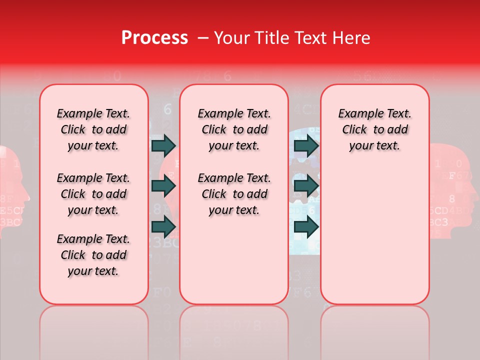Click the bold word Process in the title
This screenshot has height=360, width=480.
point(154,38)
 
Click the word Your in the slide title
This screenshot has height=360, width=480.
point(232,38)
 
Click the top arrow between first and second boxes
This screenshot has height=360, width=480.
point(163,145)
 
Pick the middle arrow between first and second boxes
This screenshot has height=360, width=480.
point(163,186)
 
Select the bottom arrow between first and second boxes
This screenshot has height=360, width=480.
point(163,226)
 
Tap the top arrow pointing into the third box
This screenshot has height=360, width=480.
point(306,145)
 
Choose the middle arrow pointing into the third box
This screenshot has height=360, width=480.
point(306,186)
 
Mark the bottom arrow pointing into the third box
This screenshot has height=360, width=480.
point(306,226)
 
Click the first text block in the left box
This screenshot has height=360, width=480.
point(93,129)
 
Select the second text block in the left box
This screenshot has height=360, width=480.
point(93,194)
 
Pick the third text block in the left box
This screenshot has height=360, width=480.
point(93,255)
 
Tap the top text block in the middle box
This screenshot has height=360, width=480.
point(234,129)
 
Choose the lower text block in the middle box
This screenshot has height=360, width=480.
point(234,194)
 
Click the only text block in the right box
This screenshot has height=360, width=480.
point(374,129)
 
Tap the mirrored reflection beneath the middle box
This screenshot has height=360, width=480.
point(234,330)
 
